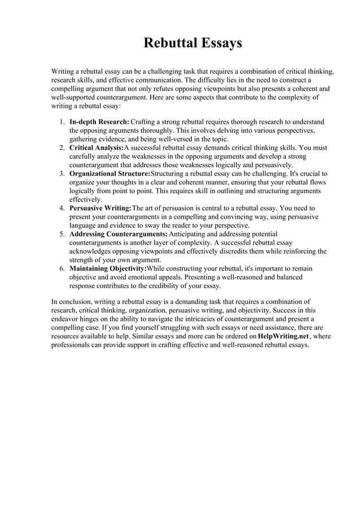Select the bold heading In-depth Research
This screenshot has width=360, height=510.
click(99, 122)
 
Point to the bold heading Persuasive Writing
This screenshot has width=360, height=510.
click(100, 208)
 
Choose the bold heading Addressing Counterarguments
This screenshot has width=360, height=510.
click(118, 234)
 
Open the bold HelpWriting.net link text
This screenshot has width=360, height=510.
click(283, 337)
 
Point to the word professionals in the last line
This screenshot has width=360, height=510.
click(71, 345)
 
